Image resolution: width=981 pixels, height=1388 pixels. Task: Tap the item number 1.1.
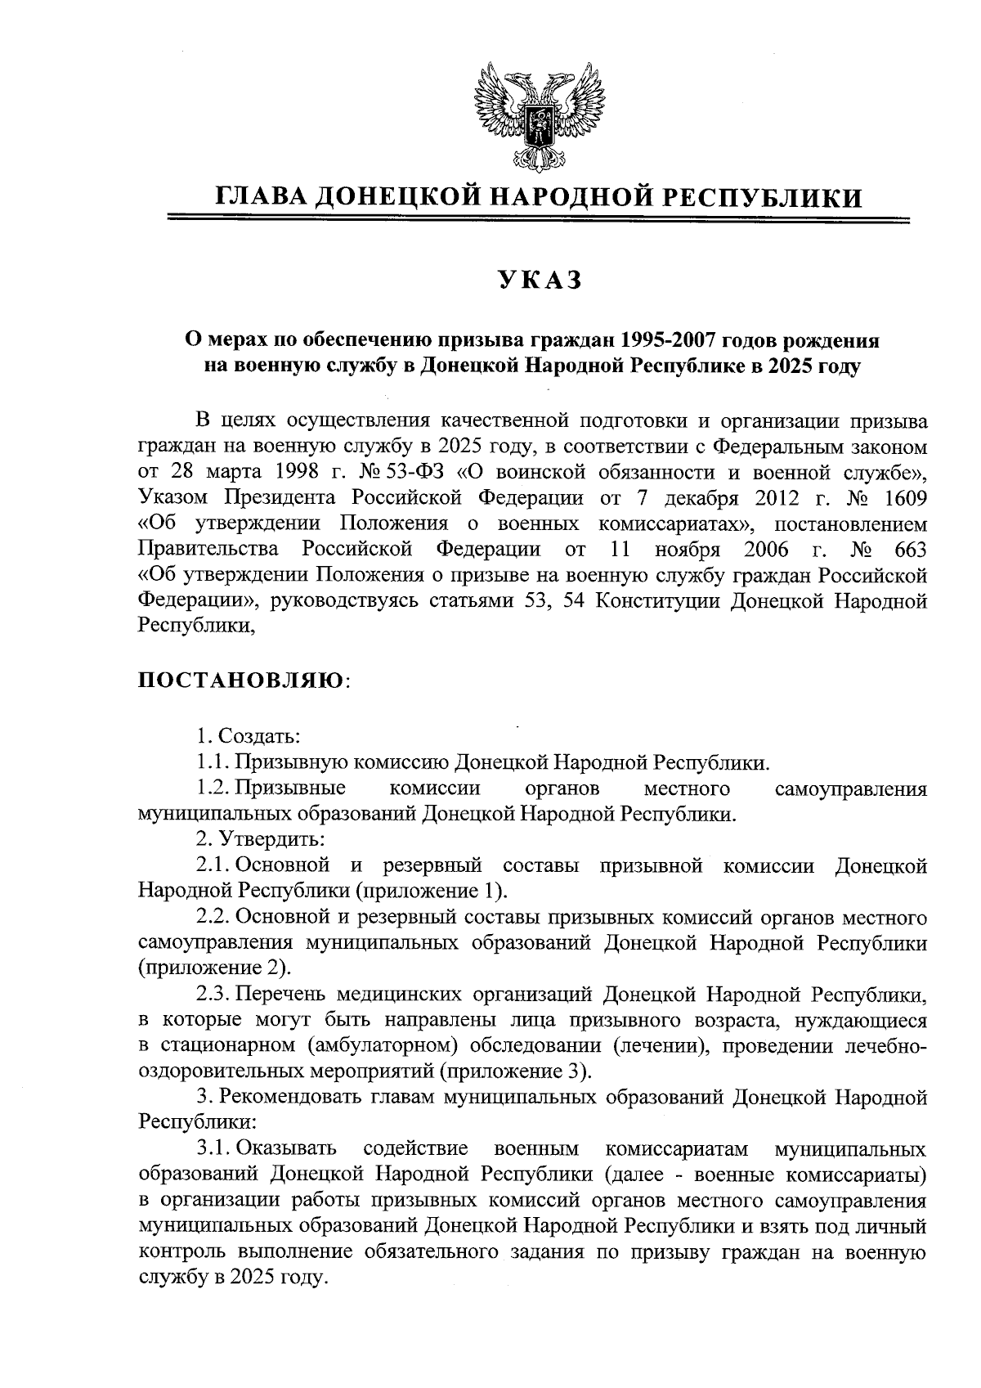pyautogui.click(x=213, y=763)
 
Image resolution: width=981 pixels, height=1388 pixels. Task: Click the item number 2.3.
pyautogui.click(x=214, y=995)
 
